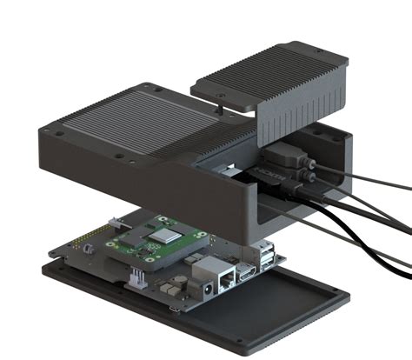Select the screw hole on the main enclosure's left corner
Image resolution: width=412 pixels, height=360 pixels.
(60, 135)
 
